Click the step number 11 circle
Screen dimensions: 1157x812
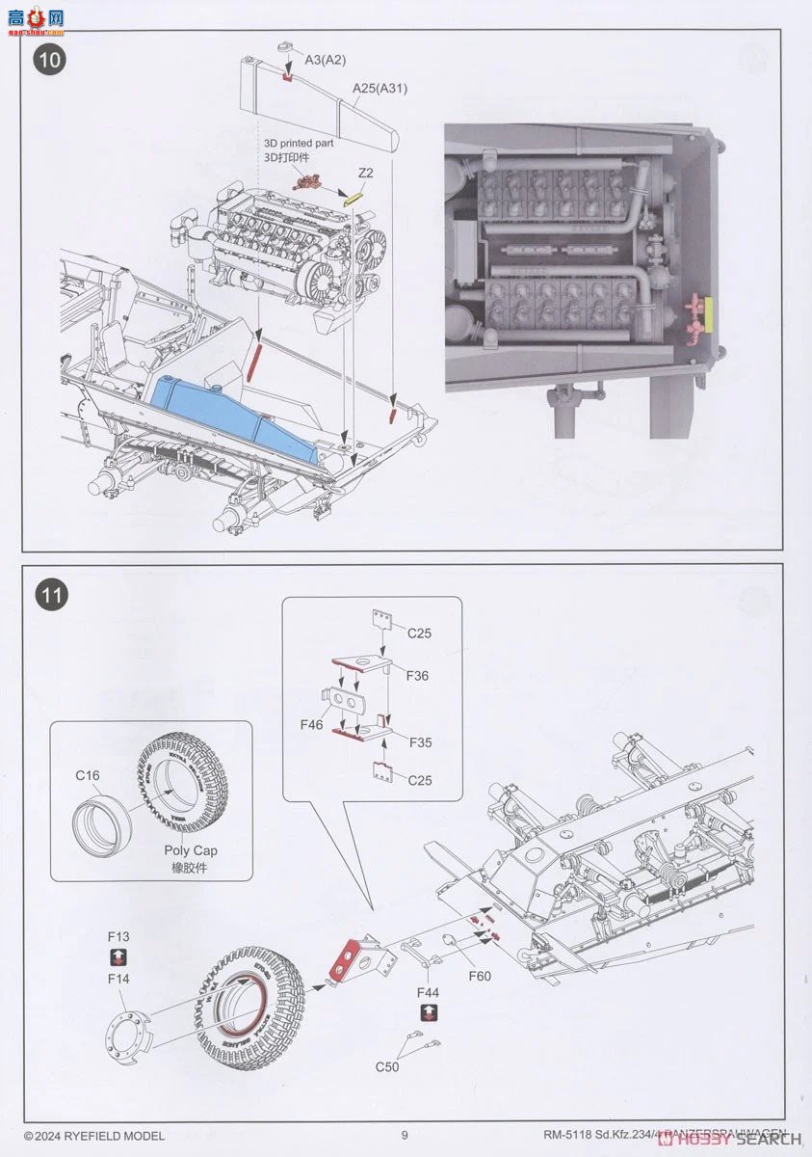click(x=51, y=595)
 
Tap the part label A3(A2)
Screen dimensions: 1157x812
click(x=325, y=60)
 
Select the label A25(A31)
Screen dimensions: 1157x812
click(x=380, y=88)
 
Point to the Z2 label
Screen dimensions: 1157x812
click(x=365, y=173)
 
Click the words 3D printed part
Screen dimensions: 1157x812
click(x=300, y=143)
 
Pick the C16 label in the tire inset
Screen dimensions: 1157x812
click(x=88, y=774)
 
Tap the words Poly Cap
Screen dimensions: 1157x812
click(x=192, y=850)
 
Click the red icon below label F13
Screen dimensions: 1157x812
click(x=118, y=957)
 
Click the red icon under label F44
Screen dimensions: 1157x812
click(x=429, y=1012)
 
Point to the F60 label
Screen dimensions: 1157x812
click(x=480, y=977)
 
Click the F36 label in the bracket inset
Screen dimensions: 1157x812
click(x=417, y=676)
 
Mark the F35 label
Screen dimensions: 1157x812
click(x=420, y=742)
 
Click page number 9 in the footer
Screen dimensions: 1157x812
click(x=406, y=1135)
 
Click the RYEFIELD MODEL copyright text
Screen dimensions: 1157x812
click(x=94, y=1136)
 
